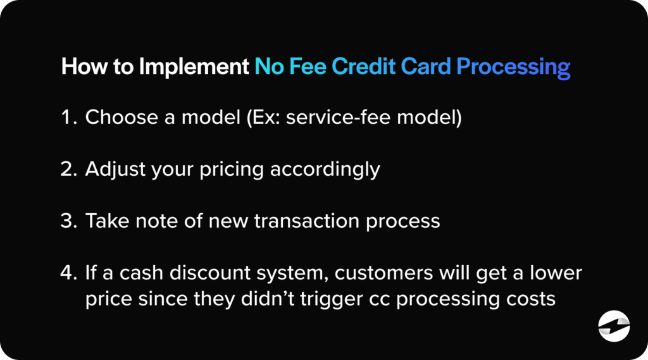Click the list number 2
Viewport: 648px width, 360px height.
click(69, 170)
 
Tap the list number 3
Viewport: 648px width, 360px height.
click(69, 221)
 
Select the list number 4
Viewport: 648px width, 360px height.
click(69, 273)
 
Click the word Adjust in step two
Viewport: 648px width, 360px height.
click(111, 170)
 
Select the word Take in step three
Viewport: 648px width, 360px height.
click(104, 221)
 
